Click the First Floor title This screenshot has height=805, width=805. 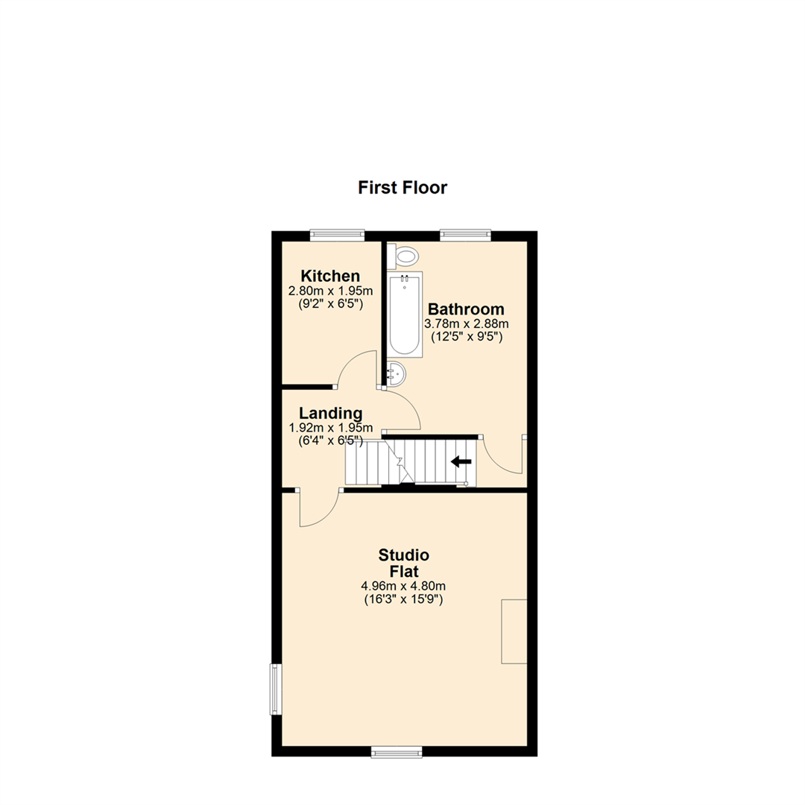(x=402, y=187)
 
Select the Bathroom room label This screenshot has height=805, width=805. (x=466, y=309)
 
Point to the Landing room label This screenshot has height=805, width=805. (x=330, y=413)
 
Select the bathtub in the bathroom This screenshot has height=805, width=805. (x=405, y=313)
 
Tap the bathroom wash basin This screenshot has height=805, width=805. (x=395, y=373)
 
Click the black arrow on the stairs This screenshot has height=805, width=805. (x=461, y=461)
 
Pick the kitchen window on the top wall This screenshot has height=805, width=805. (x=337, y=235)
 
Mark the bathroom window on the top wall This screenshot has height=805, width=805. (x=466, y=235)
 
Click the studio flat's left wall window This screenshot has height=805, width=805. (x=276, y=689)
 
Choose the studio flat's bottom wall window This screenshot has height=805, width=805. (x=396, y=752)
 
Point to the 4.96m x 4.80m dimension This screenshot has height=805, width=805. (x=403, y=586)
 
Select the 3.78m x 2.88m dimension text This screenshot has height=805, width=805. (x=466, y=323)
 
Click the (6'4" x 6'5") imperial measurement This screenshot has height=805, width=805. (x=330, y=441)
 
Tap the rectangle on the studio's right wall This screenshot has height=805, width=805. (x=514, y=631)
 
